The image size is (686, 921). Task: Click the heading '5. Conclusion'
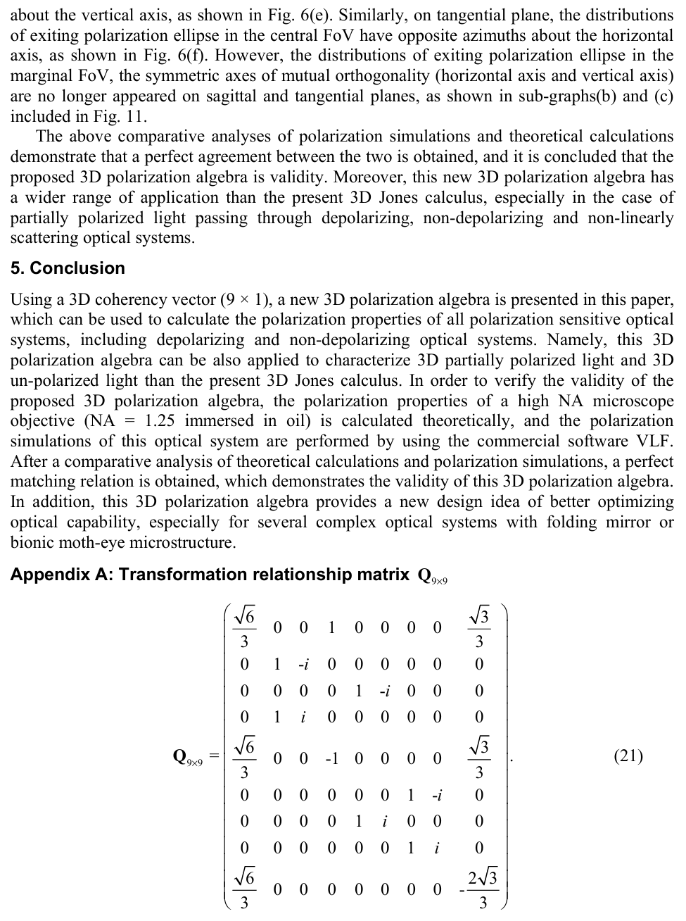coord(68,268)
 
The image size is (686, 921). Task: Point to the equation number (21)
coord(628,756)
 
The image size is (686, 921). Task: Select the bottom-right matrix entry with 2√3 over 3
coord(482,889)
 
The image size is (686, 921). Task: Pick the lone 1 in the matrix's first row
coord(331,627)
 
